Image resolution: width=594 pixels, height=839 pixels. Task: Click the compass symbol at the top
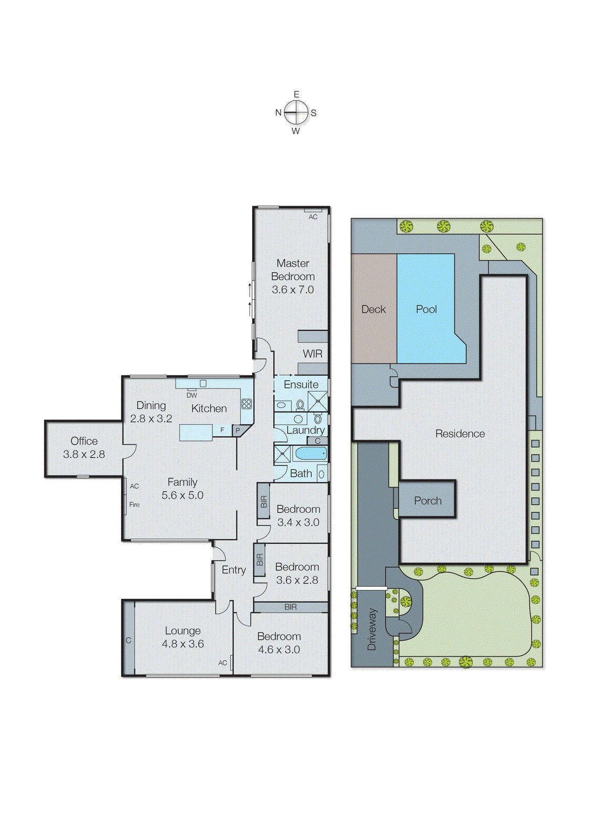297,112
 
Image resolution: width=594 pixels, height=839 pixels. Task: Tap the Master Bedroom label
293,270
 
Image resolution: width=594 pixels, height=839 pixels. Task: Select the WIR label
312,354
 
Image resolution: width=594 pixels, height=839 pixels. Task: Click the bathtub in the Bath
311,453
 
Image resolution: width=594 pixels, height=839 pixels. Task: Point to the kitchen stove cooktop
246,404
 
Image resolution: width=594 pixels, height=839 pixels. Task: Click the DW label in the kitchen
192,395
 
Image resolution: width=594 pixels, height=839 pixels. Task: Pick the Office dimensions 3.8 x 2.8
84,455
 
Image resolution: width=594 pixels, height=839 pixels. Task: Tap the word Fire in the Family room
134,504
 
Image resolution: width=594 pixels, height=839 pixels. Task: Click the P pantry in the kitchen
237,431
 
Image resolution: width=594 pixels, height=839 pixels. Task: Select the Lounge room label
182,631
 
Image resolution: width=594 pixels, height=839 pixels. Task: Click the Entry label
233,570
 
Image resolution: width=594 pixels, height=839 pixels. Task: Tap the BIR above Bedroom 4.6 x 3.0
290,607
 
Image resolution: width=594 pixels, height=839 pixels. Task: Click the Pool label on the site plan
426,309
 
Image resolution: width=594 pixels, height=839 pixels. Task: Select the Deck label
373,309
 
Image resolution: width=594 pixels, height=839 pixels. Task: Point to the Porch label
427,501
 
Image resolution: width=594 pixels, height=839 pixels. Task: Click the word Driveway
372,629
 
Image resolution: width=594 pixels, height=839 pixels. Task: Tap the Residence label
460,434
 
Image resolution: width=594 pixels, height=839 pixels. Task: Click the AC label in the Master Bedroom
313,217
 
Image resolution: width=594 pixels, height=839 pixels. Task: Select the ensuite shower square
318,402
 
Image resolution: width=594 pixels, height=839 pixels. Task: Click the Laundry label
305,430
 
